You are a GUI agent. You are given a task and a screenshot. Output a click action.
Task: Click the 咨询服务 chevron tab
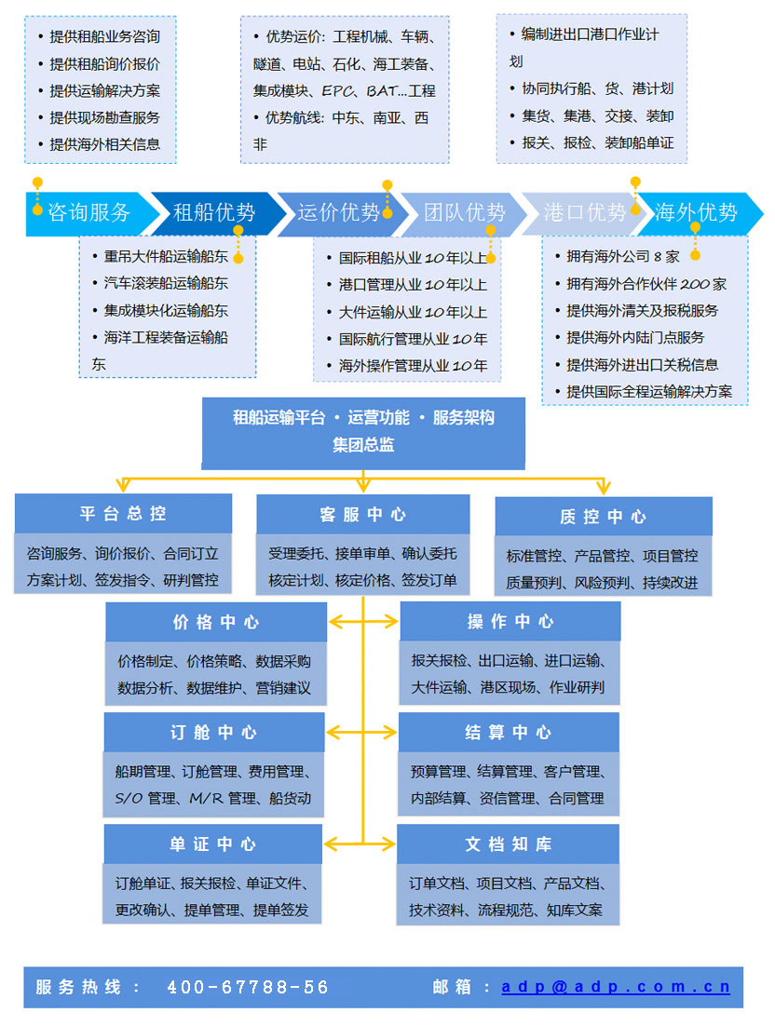click(x=88, y=212)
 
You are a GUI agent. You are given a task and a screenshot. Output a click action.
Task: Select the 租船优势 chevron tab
click(x=213, y=212)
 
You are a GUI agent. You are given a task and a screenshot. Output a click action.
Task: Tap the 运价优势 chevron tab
click(x=338, y=212)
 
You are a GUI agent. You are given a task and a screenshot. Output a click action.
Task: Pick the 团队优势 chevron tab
click(x=464, y=212)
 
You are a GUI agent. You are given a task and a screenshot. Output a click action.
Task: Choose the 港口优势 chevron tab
click(x=584, y=212)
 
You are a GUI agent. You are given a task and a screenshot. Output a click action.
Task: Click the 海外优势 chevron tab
click(x=697, y=212)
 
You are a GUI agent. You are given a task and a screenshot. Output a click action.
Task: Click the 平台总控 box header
click(x=123, y=514)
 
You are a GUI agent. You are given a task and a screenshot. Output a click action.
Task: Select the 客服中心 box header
click(x=362, y=514)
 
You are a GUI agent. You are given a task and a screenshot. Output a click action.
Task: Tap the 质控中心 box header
click(x=603, y=517)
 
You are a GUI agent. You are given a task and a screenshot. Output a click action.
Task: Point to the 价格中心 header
click(x=216, y=622)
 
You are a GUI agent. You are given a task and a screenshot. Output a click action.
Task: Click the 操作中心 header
click(x=510, y=621)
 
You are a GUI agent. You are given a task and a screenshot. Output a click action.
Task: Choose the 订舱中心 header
click(x=214, y=733)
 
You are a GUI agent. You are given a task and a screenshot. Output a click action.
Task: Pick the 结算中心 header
click(x=508, y=733)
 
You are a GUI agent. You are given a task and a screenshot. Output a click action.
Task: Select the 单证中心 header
click(x=213, y=844)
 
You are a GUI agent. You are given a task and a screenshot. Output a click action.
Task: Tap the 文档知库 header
click(x=508, y=844)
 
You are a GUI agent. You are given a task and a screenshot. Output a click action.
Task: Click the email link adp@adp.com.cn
click(x=615, y=987)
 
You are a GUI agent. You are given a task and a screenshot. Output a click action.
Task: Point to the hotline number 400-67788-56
click(x=248, y=987)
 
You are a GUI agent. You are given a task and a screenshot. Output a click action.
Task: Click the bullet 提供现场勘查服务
click(x=104, y=117)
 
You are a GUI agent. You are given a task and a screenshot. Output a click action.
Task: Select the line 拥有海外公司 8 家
click(x=623, y=257)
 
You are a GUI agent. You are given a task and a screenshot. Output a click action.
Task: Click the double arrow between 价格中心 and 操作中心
click(x=363, y=622)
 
